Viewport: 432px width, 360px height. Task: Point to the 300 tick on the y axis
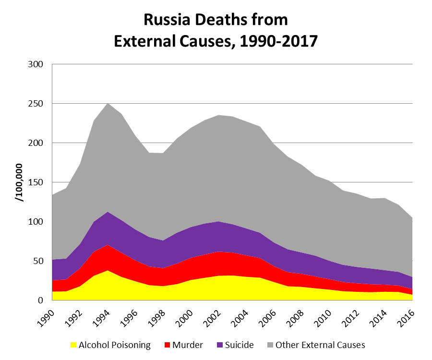tap(37, 64)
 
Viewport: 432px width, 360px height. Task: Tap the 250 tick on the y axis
tap(37, 104)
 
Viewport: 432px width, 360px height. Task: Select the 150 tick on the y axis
tap(37, 182)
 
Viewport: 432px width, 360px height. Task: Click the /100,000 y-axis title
tap(21, 182)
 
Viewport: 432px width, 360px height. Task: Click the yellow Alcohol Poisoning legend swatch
tap(73, 345)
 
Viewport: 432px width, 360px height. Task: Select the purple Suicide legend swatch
tap(221, 345)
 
